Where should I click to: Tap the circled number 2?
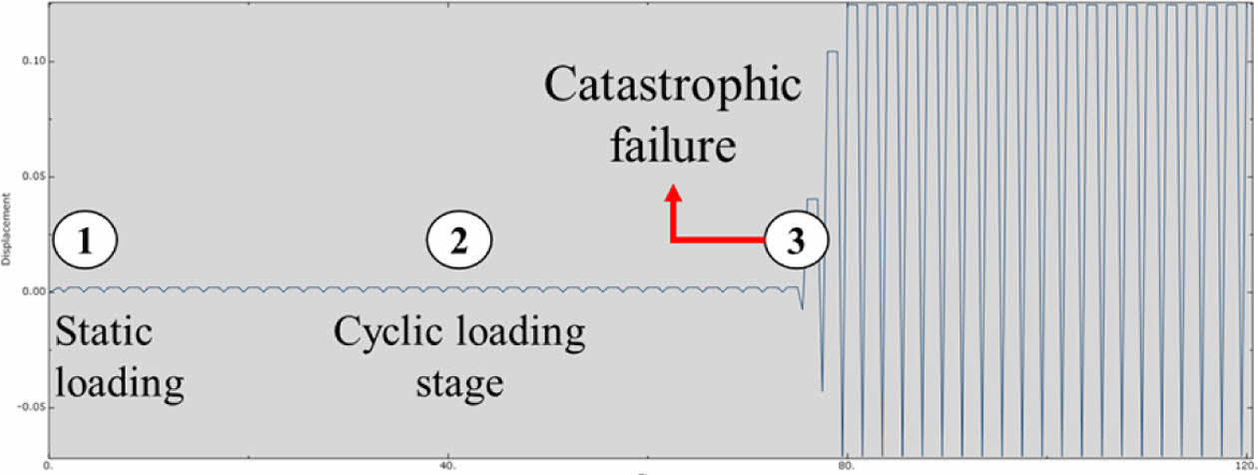click(458, 241)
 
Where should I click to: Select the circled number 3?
click(795, 241)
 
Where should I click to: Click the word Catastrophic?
click(672, 89)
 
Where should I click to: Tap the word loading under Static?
click(119, 383)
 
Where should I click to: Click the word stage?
click(458, 383)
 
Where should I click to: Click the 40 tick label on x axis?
click(447, 465)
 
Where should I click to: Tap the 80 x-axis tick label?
click(847, 465)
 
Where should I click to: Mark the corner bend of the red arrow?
click(674, 240)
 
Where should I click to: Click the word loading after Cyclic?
click(519, 332)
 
